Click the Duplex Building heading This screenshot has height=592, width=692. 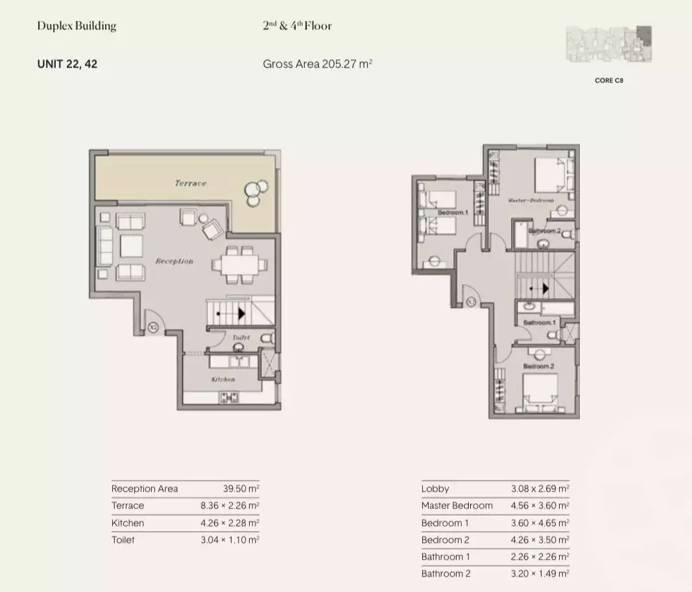77,27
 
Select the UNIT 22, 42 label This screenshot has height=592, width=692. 67,64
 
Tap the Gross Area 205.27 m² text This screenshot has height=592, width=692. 317,64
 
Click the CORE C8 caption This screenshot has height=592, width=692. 608,81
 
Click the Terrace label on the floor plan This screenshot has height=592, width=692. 190,184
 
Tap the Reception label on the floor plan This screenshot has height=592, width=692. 174,261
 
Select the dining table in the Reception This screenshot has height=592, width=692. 239,265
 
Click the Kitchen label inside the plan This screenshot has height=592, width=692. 222,379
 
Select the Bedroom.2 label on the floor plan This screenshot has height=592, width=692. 538,367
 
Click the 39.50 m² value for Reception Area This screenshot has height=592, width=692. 241,489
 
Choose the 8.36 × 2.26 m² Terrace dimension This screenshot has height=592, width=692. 230,506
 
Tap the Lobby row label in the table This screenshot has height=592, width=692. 435,489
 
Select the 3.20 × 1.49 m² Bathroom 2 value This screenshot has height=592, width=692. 540,574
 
